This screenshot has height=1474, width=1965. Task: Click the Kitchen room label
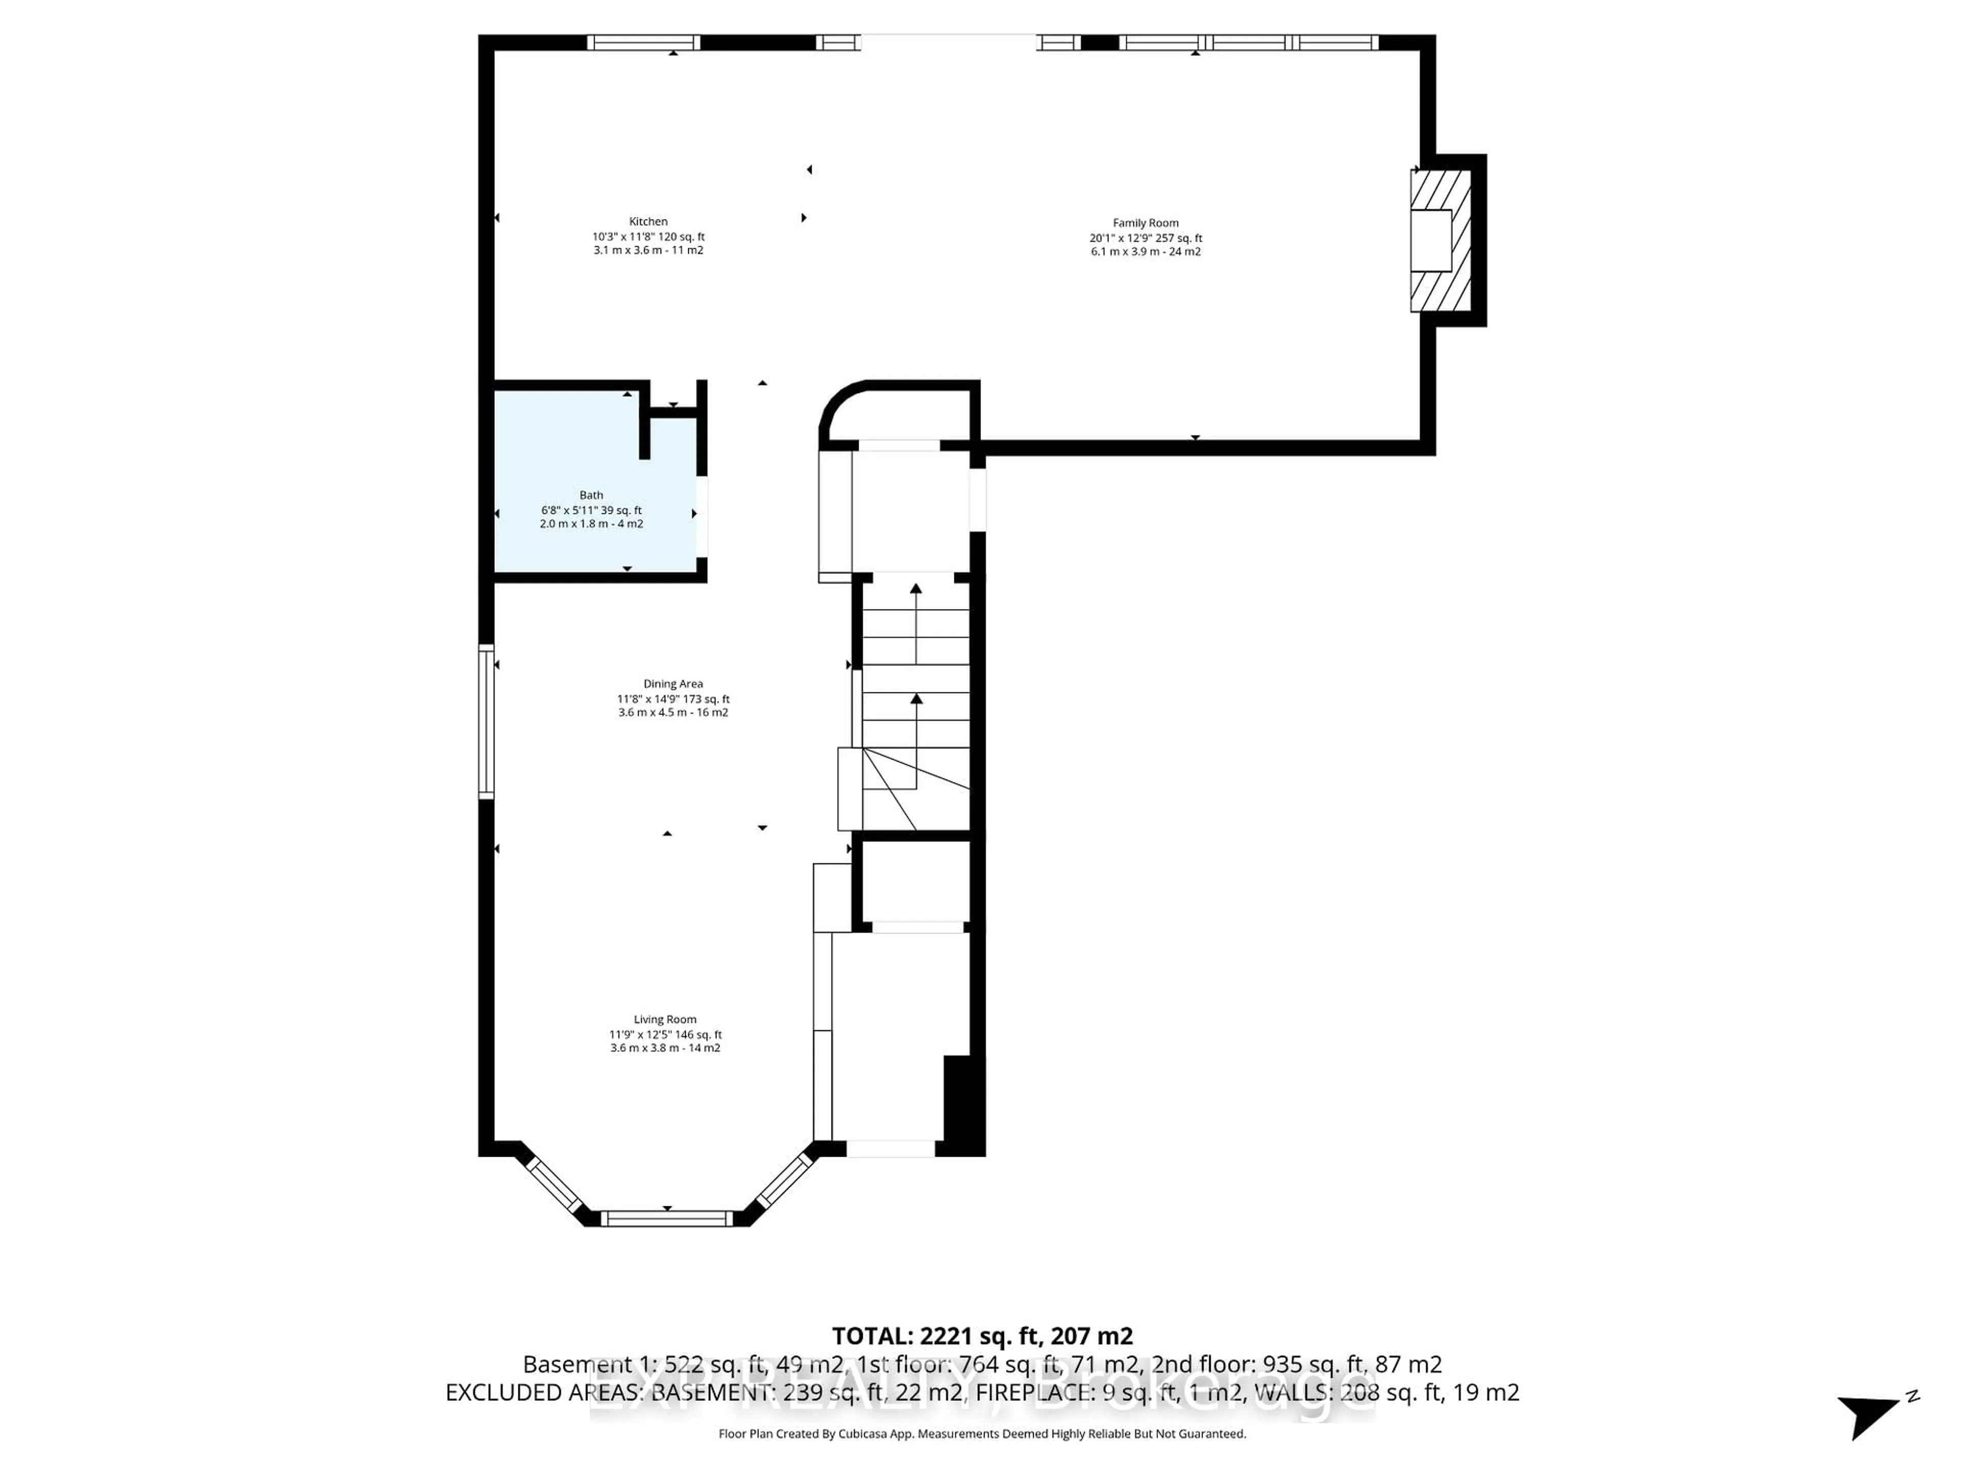coord(648,221)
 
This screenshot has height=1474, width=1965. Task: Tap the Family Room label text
coord(1145,223)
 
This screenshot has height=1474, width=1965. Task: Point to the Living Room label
coord(665,1019)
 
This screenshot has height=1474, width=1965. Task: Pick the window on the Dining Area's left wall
coord(486,722)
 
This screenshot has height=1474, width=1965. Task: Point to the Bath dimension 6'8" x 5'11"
coord(569,510)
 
